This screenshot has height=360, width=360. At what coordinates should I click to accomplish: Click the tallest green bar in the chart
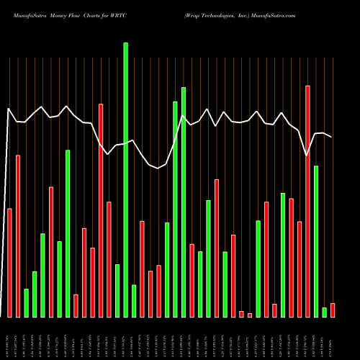coord(125,180)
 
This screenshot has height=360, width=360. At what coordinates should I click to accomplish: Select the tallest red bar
coord(308,202)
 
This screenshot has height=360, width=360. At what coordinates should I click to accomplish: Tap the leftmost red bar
coord(9,263)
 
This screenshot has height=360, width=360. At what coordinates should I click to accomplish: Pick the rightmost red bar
coord(333,310)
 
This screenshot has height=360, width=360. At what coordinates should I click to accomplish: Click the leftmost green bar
coord(27,303)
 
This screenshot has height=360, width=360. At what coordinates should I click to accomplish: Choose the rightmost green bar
coord(325,312)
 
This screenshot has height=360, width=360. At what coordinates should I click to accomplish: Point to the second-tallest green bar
coord(184,202)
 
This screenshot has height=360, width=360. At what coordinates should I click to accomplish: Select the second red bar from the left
coord(18,236)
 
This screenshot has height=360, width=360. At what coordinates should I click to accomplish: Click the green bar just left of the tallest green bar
coord(117,291)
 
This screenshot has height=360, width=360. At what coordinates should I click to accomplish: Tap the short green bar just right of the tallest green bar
coord(134,301)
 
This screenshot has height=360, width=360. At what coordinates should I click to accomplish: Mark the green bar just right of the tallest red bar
coord(316,241)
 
